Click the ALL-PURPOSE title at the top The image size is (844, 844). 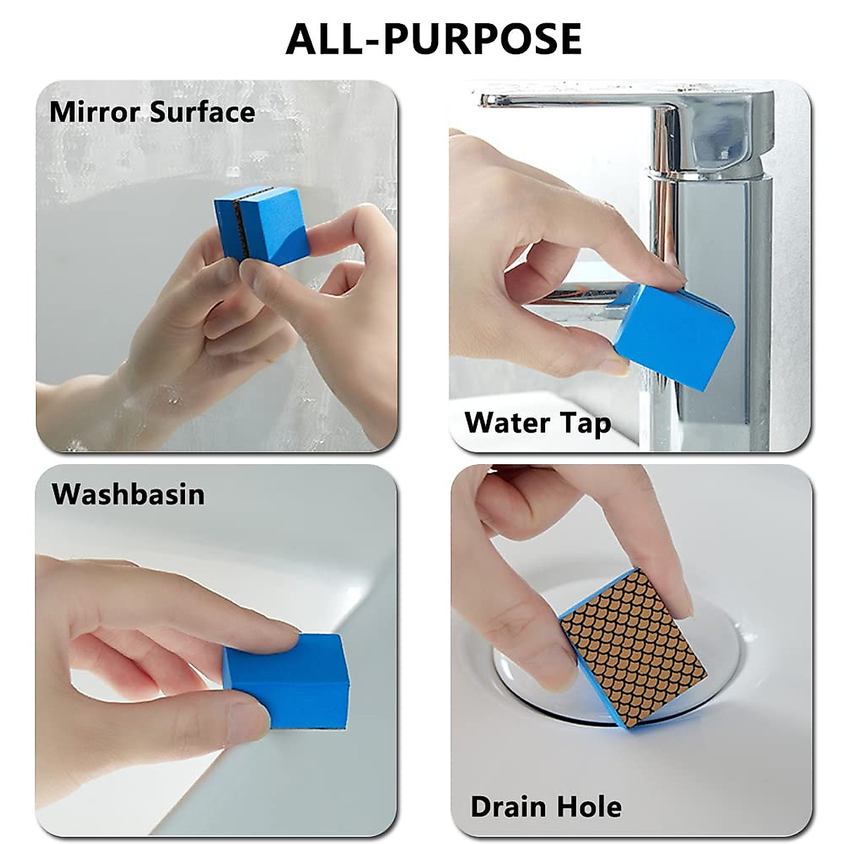point(433,39)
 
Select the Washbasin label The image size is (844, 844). point(128,494)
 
